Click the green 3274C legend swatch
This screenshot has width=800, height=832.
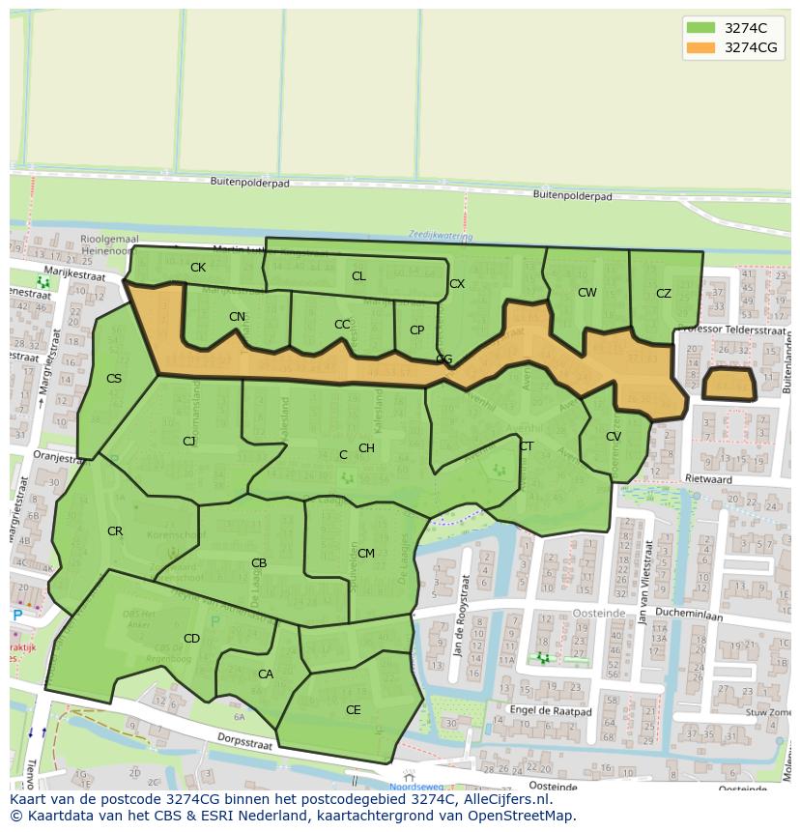click(701, 28)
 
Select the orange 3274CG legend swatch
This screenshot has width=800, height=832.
click(701, 47)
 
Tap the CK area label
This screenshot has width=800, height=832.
click(198, 268)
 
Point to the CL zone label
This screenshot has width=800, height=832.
click(358, 276)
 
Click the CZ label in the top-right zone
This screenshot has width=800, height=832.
click(664, 294)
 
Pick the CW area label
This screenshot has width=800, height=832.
click(587, 293)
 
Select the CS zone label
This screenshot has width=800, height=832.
click(114, 379)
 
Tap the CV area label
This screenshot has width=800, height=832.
click(614, 437)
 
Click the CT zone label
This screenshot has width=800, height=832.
click(527, 446)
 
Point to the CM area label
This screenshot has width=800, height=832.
click(366, 554)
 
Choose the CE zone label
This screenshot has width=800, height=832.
click(354, 710)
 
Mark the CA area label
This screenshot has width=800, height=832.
click(266, 674)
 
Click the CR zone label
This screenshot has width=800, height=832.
click(115, 531)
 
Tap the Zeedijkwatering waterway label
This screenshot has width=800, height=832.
click(440, 235)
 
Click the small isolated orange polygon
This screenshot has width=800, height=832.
click(729, 384)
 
